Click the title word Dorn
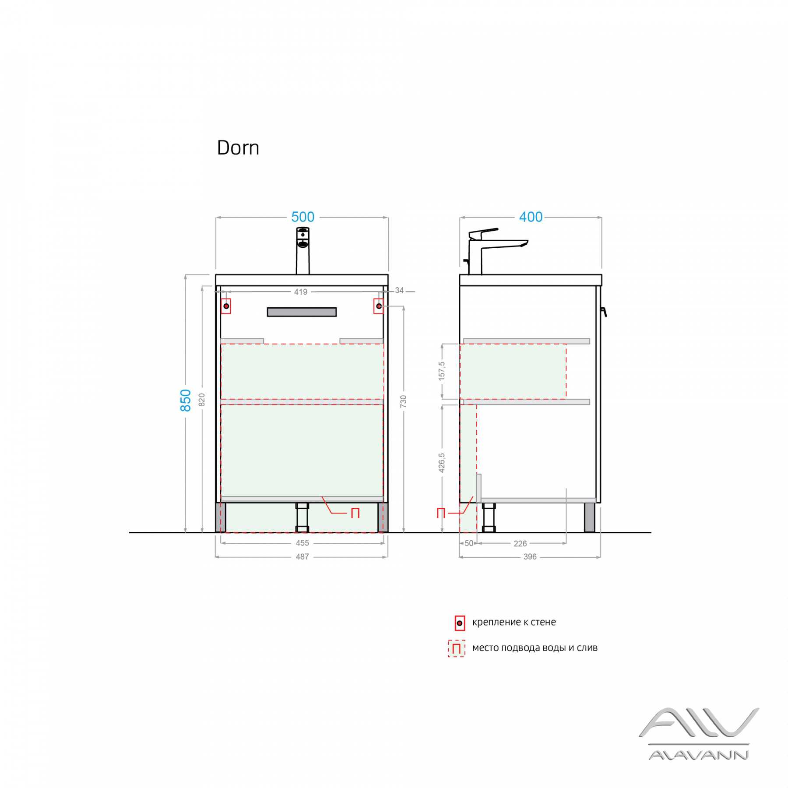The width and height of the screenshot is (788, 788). point(238,148)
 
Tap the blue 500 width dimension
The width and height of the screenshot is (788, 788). point(303,217)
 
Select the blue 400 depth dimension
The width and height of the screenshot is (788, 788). point(531,217)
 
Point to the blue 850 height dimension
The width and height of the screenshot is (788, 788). point(186,400)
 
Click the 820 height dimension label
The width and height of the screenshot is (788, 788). point(202,399)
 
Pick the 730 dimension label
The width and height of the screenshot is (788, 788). point(403,401)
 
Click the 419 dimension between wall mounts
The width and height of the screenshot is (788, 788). point(300,292)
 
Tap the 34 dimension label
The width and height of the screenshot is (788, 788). point(399,291)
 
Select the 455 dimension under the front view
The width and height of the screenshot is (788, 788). point(302,543)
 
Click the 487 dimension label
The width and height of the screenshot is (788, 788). point(302,557)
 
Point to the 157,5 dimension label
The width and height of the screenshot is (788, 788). point(442,371)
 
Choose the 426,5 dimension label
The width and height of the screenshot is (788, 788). point(442,463)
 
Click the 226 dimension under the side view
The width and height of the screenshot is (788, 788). point(520,544)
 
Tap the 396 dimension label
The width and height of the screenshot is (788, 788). point(530,557)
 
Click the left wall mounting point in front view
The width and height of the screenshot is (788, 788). point(226,306)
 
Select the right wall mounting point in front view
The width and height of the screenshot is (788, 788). point(379,306)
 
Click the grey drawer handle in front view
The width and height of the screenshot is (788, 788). point(302,312)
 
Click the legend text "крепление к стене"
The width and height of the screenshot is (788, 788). point(514,622)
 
